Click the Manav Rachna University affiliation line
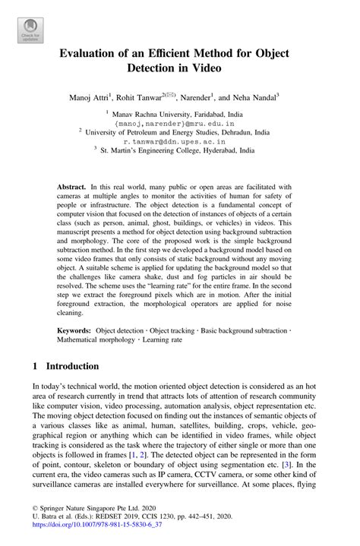coord(179,113)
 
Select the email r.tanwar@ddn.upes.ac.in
coord(179,141)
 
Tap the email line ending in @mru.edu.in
coord(179,122)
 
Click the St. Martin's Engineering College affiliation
coord(179,151)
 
